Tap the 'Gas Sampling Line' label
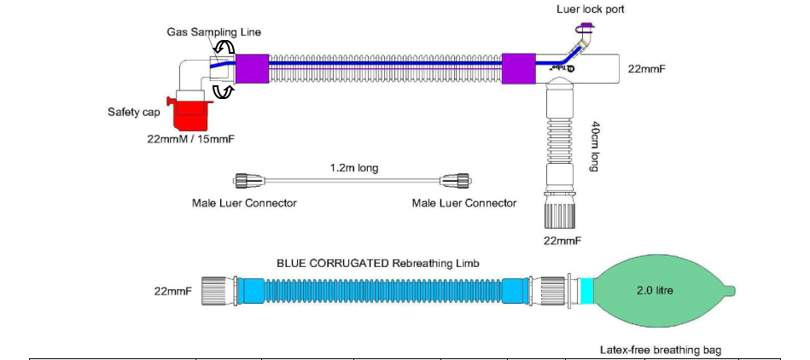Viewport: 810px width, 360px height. [x=214, y=32]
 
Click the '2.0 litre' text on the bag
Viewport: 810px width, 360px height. [x=655, y=291]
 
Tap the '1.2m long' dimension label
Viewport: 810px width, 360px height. [x=354, y=168]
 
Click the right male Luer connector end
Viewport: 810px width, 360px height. [x=456, y=181]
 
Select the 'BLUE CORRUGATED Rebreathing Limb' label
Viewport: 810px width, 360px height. [x=378, y=264]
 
